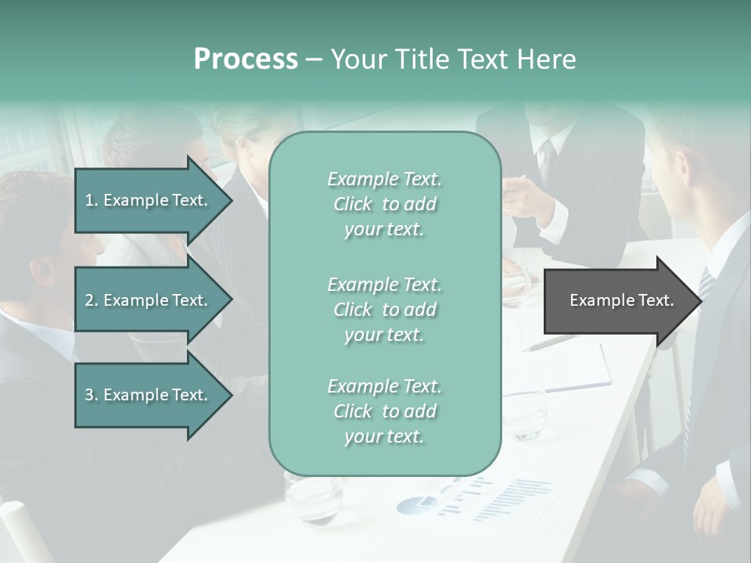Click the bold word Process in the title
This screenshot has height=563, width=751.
246,59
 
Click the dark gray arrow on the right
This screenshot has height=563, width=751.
621,301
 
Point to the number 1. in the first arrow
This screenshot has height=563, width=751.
92,200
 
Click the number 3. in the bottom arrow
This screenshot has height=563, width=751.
92,395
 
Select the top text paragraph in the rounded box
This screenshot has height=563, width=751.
384,204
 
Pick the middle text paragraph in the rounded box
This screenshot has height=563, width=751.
384,310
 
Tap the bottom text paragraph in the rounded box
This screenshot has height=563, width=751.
384,411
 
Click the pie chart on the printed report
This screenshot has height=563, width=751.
416,504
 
